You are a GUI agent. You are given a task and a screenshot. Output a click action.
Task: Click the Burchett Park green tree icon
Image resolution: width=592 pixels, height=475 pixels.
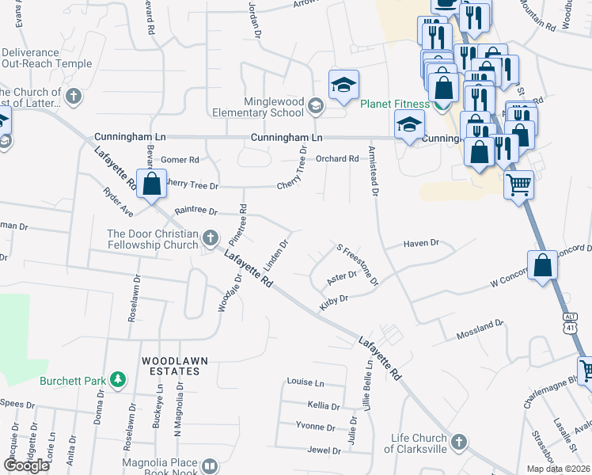(118, 380)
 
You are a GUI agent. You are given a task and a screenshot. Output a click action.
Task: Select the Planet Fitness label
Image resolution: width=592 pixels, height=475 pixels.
(395, 104)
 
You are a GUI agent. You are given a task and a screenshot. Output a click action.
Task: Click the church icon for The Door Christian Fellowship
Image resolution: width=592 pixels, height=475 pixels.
(211, 237)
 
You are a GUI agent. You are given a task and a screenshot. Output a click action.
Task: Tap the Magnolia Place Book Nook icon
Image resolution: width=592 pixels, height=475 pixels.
(210, 466)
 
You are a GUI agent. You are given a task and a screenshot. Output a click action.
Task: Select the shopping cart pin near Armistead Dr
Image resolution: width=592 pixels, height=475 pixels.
(519, 185)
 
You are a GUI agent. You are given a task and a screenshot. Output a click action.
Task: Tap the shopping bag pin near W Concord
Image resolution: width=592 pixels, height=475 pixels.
(544, 265)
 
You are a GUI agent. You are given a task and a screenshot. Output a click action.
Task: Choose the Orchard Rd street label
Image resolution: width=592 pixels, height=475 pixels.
(337, 158)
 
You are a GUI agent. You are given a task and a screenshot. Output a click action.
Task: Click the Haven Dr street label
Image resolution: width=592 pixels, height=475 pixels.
(421, 244)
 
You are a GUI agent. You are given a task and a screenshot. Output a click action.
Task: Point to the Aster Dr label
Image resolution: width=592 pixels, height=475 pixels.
(342, 275)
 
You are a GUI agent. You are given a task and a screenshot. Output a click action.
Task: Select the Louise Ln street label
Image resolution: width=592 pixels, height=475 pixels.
(305, 382)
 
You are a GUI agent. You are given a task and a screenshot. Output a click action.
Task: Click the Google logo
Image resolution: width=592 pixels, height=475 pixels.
(26, 465)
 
